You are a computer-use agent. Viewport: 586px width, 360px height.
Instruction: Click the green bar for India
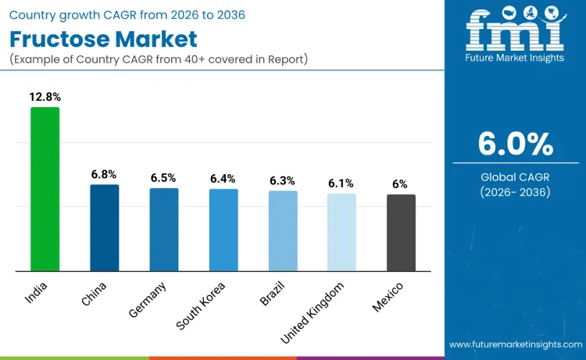point(45,189)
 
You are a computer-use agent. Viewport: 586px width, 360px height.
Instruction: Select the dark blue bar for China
point(104,228)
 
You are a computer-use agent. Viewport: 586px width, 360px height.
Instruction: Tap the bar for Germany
point(164,230)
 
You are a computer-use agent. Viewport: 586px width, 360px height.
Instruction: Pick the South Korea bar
point(223,230)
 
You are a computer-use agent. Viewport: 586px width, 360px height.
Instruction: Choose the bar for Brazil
point(283,231)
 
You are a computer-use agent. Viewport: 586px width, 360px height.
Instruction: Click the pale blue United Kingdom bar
point(341,233)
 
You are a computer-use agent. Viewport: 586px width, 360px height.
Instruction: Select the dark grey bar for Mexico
point(401,233)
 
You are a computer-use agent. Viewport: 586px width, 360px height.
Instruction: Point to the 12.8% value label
point(45,98)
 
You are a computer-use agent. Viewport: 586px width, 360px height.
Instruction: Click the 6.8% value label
point(104,175)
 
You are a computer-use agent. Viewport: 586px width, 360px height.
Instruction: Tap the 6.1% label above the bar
point(341,183)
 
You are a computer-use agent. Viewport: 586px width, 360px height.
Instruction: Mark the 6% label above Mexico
point(400,184)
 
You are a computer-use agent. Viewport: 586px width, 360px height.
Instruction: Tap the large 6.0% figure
point(515,144)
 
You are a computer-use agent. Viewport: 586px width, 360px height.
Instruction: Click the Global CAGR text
point(515,177)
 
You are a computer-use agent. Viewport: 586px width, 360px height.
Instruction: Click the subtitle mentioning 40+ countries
point(159,60)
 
